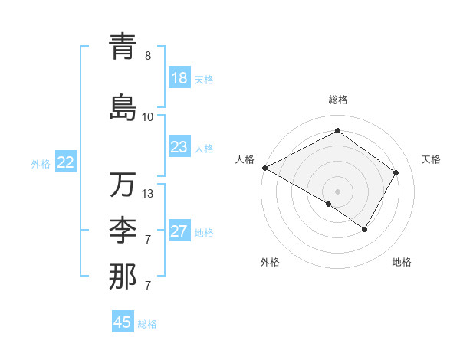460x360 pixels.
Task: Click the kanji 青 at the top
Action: pos(123,47)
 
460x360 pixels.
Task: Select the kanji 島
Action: pos(123,107)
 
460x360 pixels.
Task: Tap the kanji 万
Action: pos(123,185)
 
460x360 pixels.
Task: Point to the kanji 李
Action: pos(123,231)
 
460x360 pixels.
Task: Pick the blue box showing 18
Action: pos(179,79)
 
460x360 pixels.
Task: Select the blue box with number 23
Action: pos(179,147)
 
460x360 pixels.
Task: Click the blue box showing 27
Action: pos(179,231)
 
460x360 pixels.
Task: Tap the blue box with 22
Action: pos(66,162)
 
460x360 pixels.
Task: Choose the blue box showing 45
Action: pos(123,322)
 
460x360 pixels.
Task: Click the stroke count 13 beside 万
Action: pos(148,194)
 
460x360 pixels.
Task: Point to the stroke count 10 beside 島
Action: pos(148,116)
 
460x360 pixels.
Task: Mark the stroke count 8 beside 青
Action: pos(148,56)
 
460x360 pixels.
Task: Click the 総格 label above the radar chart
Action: pos(337,100)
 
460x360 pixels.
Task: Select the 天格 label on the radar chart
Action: pos(431,159)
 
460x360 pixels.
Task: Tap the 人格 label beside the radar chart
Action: pos(245,159)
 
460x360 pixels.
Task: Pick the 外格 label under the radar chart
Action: pos(269,262)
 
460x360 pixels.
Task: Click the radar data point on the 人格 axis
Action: pos(264,167)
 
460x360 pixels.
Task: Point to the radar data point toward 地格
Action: pos(365,229)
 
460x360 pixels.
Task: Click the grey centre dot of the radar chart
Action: pos(337,191)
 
